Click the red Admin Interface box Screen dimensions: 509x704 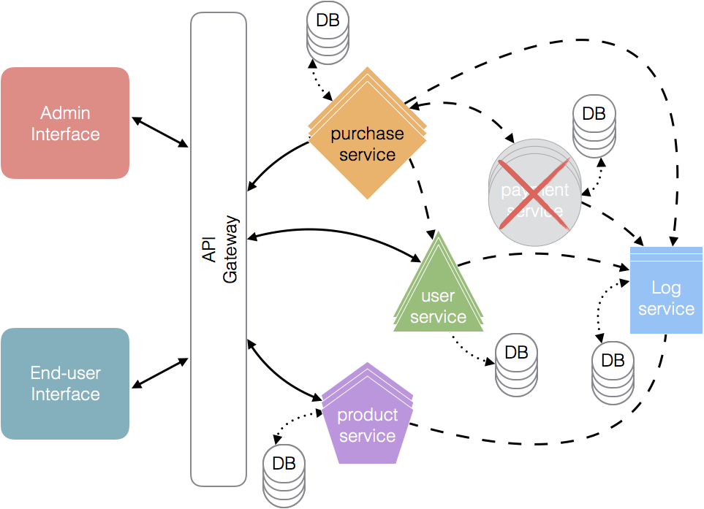click(65, 123)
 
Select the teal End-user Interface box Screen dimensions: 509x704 click(65, 383)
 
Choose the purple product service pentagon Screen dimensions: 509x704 click(367, 420)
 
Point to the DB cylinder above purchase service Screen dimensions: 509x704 click(328, 34)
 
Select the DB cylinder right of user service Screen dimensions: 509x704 click(516, 365)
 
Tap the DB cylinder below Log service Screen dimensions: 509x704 click(613, 372)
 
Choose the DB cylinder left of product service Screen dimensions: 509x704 click(284, 475)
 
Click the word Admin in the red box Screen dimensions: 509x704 click(65, 113)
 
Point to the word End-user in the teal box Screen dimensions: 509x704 click(65, 373)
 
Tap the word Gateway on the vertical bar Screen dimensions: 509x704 click(230, 248)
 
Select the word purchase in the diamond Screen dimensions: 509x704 click(367, 134)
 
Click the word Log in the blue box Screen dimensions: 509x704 click(666, 288)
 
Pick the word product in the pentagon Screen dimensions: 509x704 click(367, 415)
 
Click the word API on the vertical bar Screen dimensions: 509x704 click(208, 248)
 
